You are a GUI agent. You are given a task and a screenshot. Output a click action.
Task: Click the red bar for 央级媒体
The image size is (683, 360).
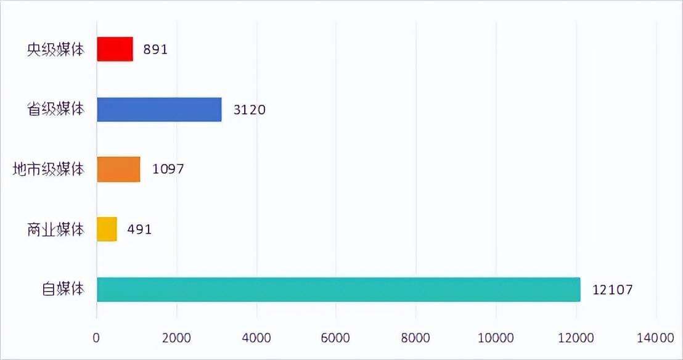(x=115, y=49)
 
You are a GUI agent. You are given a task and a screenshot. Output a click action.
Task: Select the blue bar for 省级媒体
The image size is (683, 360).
(x=159, y=109)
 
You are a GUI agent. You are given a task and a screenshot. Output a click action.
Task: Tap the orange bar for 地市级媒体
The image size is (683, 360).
(x=118, y=169)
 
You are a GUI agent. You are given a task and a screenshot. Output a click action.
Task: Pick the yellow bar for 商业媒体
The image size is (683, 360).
(x=107, y=229)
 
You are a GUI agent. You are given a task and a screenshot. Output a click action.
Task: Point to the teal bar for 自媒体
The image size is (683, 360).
(x=338, y=289)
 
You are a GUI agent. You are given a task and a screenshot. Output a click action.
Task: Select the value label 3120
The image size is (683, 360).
(x=249, y=110)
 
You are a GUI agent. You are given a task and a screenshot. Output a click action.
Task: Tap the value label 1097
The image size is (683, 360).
(x=168, y=169)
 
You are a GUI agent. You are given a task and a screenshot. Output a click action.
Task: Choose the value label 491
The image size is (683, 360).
(x=139, y=229)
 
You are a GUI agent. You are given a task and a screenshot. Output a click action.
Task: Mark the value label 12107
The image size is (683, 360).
(x=613, y=289)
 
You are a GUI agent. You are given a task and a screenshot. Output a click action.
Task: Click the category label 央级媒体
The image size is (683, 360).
(x=56, y=49)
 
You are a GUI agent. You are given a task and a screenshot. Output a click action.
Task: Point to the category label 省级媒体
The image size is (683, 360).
(x=56, y=109)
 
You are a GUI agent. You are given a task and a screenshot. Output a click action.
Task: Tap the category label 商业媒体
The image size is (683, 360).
(x=56, y=229)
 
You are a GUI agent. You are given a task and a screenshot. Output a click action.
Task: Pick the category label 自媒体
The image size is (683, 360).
(x=63, y=289)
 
